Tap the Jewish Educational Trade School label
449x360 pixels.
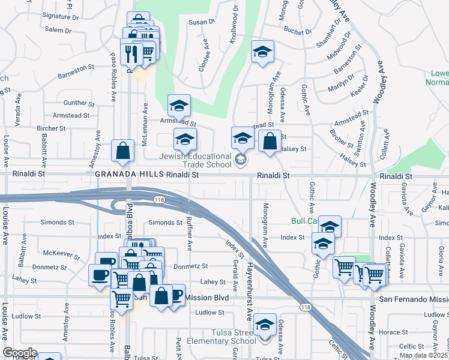195,160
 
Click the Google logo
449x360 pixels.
20,353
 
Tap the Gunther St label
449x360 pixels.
75,103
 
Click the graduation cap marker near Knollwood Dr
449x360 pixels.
262,52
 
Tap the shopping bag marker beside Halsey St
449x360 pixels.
270,142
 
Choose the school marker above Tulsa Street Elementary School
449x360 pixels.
265,325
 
